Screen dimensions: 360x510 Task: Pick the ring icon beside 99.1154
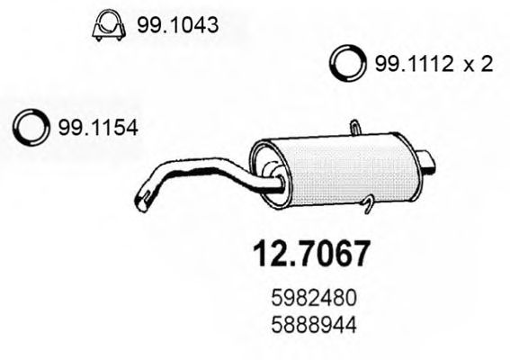[29, 128]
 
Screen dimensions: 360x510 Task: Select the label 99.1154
[96, 129]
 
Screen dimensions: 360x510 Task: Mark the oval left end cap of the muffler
[265, 171]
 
